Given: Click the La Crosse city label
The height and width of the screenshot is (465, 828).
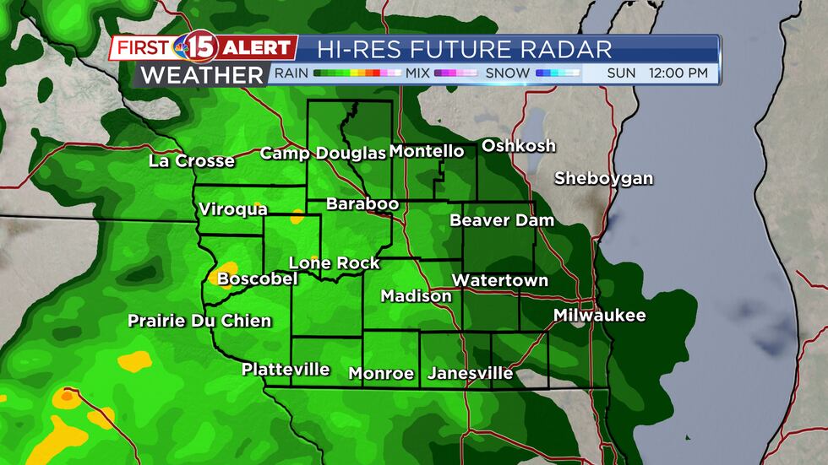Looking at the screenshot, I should [192, 160].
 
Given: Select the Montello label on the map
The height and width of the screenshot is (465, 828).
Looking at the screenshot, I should [426, 151].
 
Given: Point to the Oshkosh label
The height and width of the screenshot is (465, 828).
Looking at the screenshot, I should [519, 145].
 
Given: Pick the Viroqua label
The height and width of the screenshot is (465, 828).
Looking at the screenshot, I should [233, 209].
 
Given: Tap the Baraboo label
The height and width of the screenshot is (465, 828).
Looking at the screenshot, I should [357, 203].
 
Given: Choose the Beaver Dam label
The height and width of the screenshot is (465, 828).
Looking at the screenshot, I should [502, 220].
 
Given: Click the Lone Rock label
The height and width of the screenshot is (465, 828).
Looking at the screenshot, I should [335, 263].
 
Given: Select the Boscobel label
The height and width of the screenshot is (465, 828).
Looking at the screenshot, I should [257, 278].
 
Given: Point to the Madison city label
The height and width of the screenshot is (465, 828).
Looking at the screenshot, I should [416, 296].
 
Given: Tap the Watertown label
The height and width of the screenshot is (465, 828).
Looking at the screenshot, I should [500, 280].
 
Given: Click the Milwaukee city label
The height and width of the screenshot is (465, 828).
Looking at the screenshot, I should [599, 316].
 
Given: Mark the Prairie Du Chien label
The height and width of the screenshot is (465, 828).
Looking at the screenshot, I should [199, 321].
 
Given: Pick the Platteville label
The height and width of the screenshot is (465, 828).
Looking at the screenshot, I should [286, 369].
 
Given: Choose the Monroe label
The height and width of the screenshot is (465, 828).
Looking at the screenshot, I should [381, 373].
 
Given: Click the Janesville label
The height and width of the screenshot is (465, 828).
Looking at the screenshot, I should [471, 373].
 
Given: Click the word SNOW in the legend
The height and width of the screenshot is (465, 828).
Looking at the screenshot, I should [508, 73].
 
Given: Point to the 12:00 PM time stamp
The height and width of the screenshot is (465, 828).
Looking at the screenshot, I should [678, 73].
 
